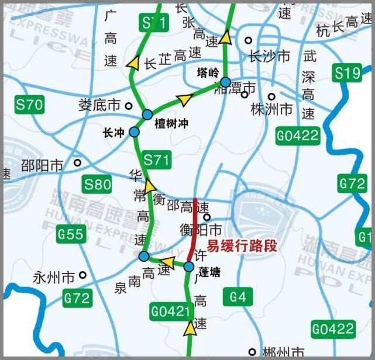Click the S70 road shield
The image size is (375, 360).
(29, 105)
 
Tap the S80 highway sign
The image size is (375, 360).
(97, 185)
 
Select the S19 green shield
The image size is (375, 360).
(347, 73)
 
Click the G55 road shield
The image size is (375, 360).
(71, 235)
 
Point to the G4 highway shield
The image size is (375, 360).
(238, 297)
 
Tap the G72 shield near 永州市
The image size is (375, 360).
(77, 299)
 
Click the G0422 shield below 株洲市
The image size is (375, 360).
(298, 136)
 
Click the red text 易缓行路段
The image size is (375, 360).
(242, 246)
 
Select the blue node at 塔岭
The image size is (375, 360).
(225, 82)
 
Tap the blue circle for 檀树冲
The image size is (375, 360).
(147, 115)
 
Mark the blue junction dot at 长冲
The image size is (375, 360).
(134, 132)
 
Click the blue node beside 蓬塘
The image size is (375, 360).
(188, 267)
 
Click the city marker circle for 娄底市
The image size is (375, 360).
(128, 106)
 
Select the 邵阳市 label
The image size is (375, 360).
(42, 166)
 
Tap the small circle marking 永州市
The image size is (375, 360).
(83, 275)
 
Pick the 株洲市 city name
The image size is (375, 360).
(271, 109)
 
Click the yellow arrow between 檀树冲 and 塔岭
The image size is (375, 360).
(185, 99)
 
